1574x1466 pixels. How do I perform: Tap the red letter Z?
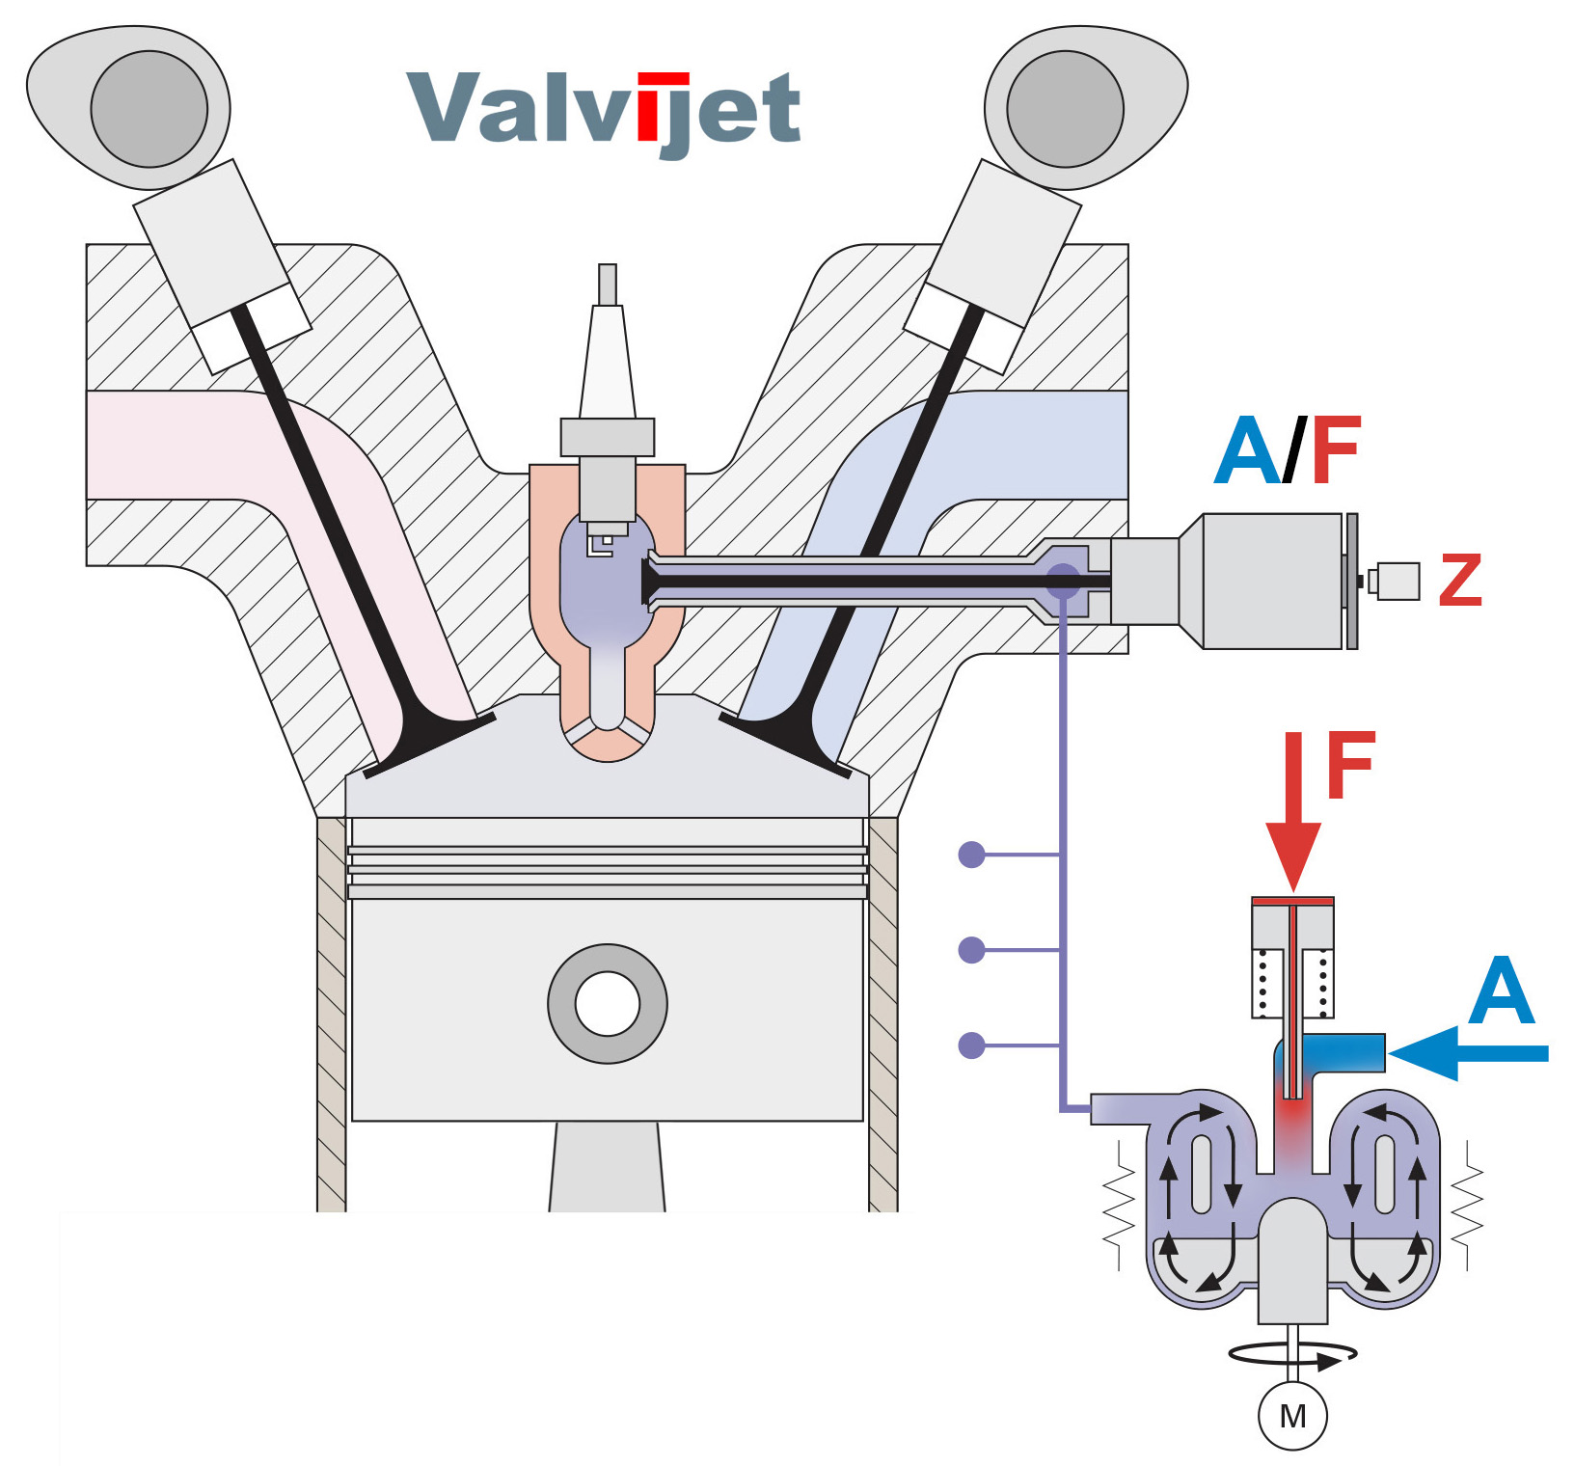coord(1459,580)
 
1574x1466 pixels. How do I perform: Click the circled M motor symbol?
coord(1292,1416)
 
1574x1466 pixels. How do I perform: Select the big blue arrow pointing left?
coord(1466,1053)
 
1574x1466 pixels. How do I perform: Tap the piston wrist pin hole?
coord(608,1003)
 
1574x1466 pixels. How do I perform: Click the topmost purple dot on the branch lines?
coord(971,855)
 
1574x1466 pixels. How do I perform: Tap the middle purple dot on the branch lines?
coord(971,950)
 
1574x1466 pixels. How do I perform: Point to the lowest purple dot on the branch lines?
coord(971,1045)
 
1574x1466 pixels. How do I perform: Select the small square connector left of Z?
coord(1398,581)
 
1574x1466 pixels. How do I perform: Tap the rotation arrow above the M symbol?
coord(1292,1354)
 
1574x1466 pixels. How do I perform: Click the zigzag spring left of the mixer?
coord(1119,1206)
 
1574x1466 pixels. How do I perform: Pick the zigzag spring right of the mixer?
coord(1467,1206)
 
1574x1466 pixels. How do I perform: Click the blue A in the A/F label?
coord(1248,451)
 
